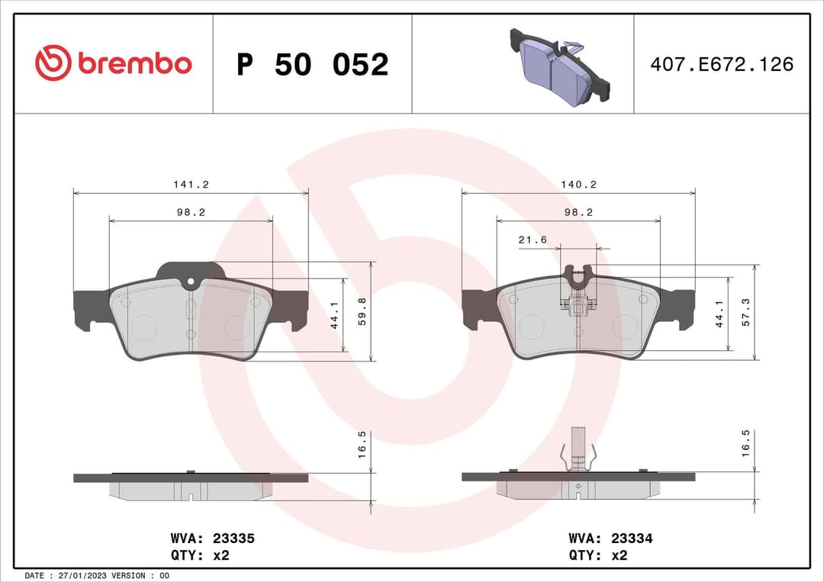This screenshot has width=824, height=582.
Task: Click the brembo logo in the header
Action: (113, 64)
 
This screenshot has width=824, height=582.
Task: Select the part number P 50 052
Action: (312, 65)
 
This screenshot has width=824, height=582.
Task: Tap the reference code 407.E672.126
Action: (722, 64)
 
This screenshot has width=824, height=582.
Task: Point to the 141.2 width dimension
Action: (191, 185)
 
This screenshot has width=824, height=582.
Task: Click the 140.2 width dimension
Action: (578, 185)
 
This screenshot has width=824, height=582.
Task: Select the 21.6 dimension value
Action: (533, 240)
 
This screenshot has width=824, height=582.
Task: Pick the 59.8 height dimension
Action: (362, 311)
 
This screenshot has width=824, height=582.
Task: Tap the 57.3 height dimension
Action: (745, 312)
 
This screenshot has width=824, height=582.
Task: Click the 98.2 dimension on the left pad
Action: (191, 213)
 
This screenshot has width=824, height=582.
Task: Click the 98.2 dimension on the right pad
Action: (578, 213)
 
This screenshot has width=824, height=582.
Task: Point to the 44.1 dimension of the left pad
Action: (334, 314)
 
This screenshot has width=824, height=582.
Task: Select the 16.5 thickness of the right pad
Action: (745, 442)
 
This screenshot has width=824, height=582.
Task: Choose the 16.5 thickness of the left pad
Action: (362, 443)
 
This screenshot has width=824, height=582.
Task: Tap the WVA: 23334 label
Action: (610, 539)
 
